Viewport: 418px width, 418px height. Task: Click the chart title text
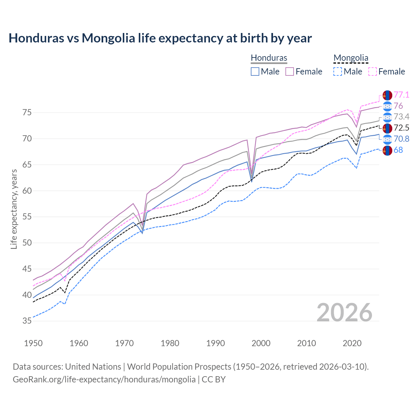[x=160, y=38]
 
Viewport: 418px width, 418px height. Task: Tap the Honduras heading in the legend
[x=269, y=58]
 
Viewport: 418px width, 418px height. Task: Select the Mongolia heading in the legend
[x=351, y=58]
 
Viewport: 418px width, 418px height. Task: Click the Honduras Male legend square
[x=255, y=72]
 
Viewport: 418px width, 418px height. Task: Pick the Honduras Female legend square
[x=290, y=72]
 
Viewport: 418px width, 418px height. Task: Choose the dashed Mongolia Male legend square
[x=338, y=72]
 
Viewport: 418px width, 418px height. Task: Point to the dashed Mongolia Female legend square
[x=372, y=72]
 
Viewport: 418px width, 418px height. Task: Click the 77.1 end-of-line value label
[x=401, y=95]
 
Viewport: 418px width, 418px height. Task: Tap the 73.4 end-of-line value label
[x=401, y=117]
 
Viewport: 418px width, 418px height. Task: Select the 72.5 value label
[x=401, y=128]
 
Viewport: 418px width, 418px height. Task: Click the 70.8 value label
[x=401, y=139]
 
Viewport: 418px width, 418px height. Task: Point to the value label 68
[x=398, y=150]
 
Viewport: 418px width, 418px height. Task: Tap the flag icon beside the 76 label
[x=387, y=106]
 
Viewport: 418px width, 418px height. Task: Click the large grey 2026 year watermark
[x=345, y=313]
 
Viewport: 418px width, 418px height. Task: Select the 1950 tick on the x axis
[x=33, y=343]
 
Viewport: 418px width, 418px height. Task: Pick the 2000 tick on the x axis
[x=261, y=343]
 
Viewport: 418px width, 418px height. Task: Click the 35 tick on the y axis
[x=27, y=321]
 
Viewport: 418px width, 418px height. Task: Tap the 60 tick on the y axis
[x=27, y=191]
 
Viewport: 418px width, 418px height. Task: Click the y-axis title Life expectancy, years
[x=14, y=209]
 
